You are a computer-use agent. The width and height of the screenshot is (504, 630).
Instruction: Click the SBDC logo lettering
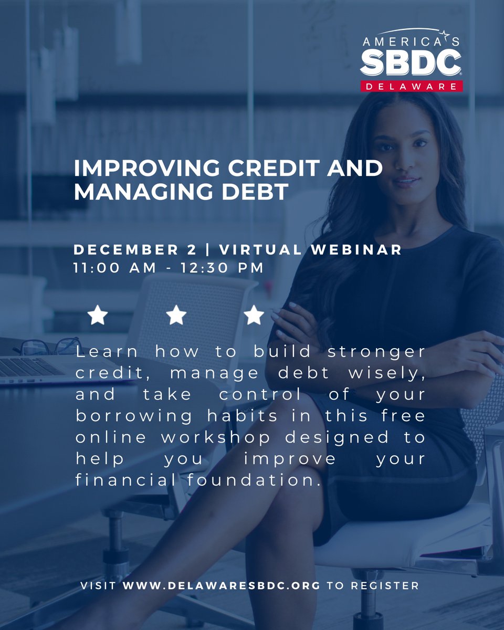click(x=410, y=63)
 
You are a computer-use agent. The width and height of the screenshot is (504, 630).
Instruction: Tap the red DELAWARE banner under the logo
click(x=411, y=86)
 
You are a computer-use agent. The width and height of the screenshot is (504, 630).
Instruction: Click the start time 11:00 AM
click(x=115, y=268)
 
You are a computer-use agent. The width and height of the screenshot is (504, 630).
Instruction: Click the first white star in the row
click(x=98, y=316)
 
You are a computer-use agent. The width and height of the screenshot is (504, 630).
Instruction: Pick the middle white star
click(x=176, y=316)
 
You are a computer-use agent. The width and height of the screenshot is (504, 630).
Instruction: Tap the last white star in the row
click(x=254, y=316)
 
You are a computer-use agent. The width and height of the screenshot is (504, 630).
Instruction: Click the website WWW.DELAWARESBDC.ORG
click(x=221, y=585)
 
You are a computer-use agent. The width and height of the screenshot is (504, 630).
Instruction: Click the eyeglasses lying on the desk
click(x=47, y=346)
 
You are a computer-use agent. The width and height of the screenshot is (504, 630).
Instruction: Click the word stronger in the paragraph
click(x=385, y=352)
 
